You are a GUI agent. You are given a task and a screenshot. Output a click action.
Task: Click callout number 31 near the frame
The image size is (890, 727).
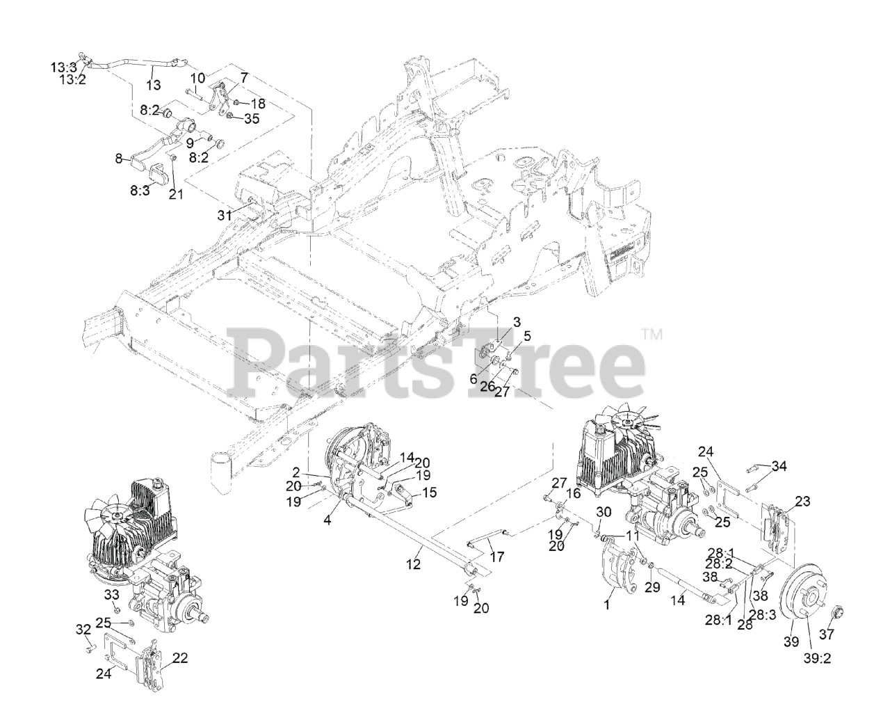pyautogui.click(x=223, y=216)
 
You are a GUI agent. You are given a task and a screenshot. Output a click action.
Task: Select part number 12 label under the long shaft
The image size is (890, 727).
pyautogui.click(x=414, y=564)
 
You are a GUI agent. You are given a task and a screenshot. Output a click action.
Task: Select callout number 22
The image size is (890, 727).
pyautogui.click(x=179, y=657)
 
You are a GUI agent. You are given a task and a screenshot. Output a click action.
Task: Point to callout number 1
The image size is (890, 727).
pyautogui.click(x=607, y=605)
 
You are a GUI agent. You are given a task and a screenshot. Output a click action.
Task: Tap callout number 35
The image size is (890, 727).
pyautogui.click(x=251, y=118)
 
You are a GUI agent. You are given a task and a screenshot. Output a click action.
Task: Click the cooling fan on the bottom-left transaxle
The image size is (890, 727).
pyautogui.click(x=115, y=516)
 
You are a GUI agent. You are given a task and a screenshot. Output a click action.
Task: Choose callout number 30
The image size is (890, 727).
pyautogui.click(x=604, y=511)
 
